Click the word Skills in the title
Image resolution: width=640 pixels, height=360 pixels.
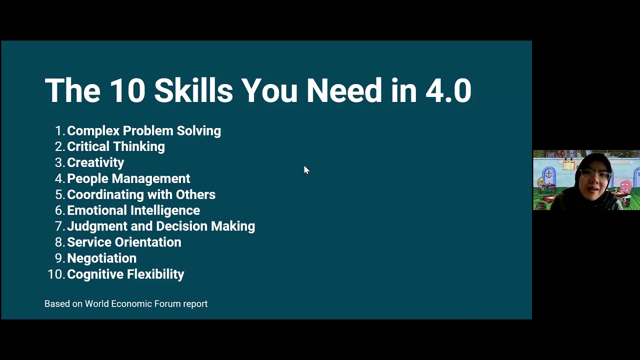[193, 90]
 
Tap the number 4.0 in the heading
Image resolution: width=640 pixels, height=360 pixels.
[448, 90]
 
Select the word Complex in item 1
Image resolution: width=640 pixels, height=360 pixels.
[93, 131]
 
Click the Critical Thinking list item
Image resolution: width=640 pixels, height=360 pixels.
[115, 146]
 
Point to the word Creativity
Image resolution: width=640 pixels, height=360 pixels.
[95, 162]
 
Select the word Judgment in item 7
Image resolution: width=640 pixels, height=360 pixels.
[97, 226]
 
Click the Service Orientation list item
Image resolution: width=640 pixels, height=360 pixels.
[123, 242]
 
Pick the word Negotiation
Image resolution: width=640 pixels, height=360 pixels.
[101, 258]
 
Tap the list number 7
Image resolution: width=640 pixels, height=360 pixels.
[59, 226]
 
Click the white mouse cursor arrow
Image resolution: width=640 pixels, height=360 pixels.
[306, 170]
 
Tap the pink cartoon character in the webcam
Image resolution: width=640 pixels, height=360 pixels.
[625, 187]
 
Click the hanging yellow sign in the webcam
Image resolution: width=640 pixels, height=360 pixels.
[568, 165]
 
